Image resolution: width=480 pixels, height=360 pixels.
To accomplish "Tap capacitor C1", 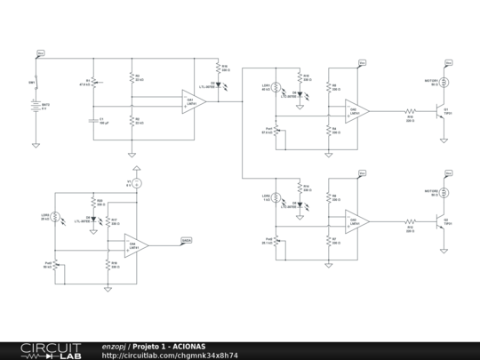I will [92, 120].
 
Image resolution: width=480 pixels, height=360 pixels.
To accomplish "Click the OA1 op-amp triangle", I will [193, 100].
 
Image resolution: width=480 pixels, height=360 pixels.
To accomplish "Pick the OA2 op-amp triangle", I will [358, 111].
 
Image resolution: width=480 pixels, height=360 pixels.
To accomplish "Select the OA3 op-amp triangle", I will [358, 220].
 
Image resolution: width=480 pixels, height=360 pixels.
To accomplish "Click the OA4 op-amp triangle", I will [136, 245].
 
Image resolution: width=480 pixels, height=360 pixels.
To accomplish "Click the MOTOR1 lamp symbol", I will [445, 82].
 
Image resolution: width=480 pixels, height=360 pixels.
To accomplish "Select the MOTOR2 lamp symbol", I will [445, 190].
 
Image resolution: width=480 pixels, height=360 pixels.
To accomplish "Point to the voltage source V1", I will [133, 182].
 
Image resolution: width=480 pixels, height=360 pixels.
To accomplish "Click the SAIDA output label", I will [187, 240].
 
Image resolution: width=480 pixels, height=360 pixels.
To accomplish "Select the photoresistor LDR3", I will [56, 217].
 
